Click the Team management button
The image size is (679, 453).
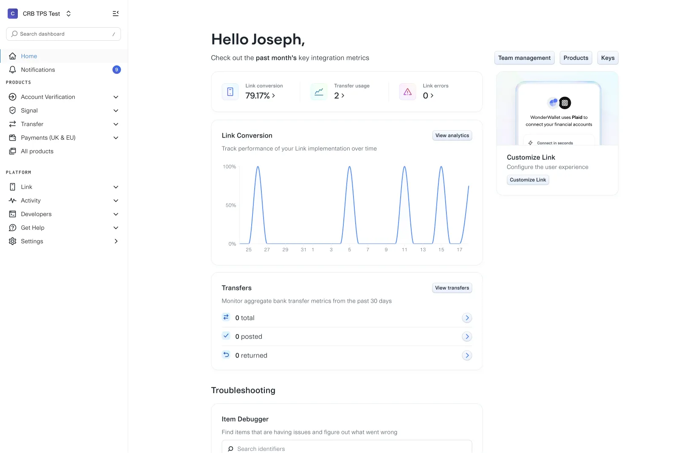524,58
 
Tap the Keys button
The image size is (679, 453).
607,58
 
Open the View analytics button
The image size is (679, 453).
452,135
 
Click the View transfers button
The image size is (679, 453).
452,288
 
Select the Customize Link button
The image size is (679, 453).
528,180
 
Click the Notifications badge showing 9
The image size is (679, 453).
117,70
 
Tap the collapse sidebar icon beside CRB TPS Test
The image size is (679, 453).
115,14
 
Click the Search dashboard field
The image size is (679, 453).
63,34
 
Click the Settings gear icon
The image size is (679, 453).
12,241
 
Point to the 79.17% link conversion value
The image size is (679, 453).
257,96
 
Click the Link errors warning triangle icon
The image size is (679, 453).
407,92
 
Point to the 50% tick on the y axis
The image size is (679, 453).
231,205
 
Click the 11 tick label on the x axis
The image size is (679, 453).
404,250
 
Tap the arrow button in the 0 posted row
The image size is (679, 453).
467,337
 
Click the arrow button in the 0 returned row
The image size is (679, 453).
467,355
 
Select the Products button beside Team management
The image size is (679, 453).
575,58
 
